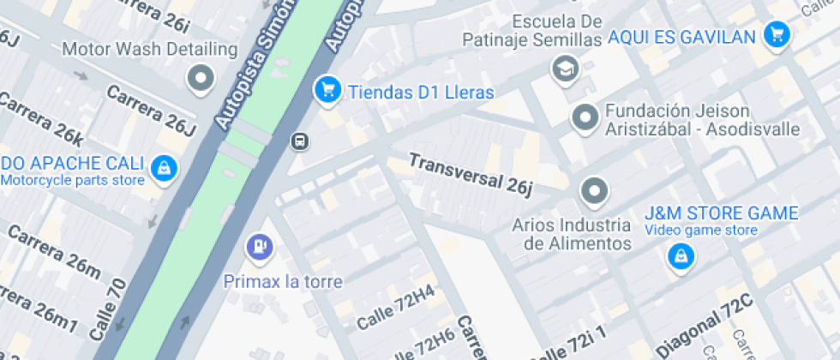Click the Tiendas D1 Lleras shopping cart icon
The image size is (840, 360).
tap(327, 88)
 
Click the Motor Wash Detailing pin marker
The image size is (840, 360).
tap(201, 79)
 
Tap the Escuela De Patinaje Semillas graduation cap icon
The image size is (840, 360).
tap(565, 69)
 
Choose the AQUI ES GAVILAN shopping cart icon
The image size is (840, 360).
tap(777, 35)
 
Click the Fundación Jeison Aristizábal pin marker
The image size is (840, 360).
tap(585, 117)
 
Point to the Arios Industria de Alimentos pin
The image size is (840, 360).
tap(594, 191)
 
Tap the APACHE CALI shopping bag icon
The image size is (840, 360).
tap(163, 168)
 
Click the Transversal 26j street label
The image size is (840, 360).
tap(471, 173)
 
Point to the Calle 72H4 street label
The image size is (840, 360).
tap(395, 309)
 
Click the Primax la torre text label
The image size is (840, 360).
tap(283, 281)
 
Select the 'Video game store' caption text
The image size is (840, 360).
tap(701, 230)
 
